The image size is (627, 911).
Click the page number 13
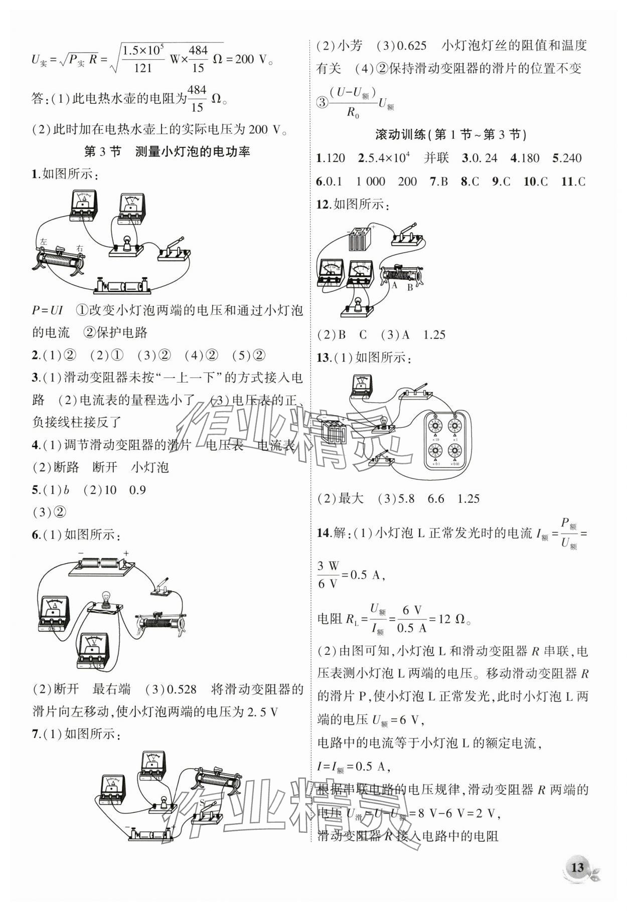577,867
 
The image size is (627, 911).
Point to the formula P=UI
47,310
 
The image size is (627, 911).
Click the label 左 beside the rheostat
44,242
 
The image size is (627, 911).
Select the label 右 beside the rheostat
79,248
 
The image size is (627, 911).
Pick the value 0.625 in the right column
411,46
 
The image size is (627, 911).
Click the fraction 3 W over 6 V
328,575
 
